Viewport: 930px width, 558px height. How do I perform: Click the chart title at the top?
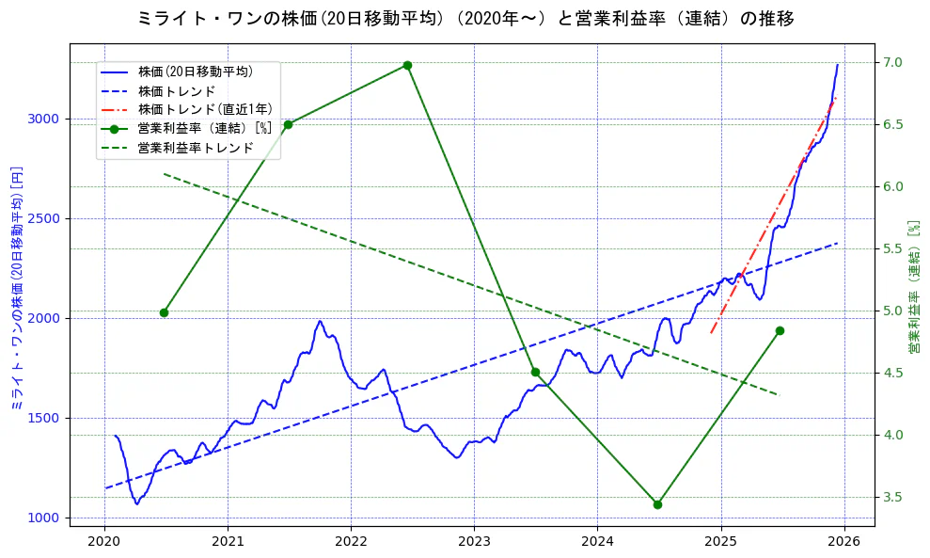[x=465, y=18]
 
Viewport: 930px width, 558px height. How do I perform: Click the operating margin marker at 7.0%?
[x=407, y=65]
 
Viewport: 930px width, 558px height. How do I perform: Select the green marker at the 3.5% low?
[x=657, y=504]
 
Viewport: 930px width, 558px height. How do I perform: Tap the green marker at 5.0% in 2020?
[x=164, y=312]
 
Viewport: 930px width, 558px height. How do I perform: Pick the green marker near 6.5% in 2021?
[x=288, y=124]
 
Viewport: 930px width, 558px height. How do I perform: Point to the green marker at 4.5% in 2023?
[x=535, y=372]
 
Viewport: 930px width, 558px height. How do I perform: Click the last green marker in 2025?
[x=780, y=330]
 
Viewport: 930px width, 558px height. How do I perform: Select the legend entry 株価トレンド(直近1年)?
[x=204, y=109]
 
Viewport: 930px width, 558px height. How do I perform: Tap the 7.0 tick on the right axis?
[x=892, y=62]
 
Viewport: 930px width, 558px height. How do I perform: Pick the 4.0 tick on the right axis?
[x=892, y=435]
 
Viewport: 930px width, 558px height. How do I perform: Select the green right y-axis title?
[x=913, y=287]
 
